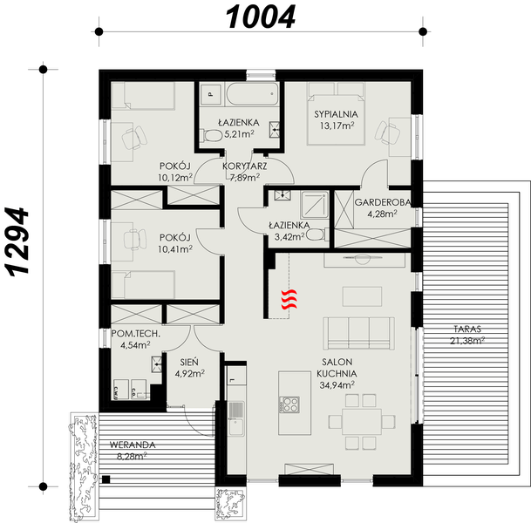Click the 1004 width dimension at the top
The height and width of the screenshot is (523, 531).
261,15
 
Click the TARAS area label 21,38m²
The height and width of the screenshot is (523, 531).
468,340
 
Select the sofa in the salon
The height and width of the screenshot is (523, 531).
357,331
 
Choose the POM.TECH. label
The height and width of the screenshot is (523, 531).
137,333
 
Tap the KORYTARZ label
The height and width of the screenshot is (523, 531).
244,165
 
